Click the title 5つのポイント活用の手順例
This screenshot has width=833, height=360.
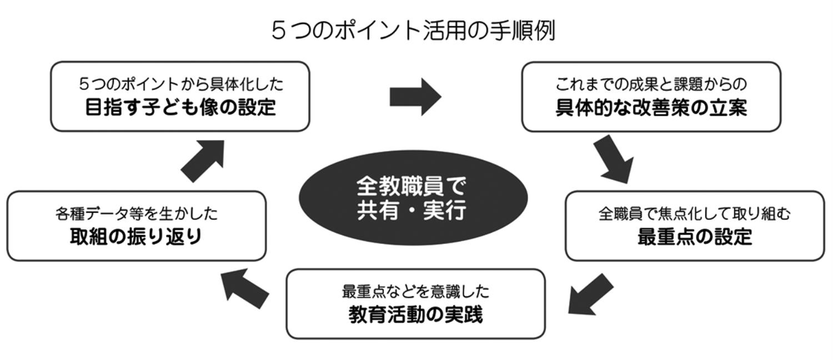[413, 31]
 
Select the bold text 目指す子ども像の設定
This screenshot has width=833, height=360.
[180, 107]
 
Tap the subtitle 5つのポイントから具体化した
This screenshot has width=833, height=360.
[180, 84]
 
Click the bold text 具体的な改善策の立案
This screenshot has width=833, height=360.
[651, 108]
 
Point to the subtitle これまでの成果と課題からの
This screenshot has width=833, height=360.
[651, 84]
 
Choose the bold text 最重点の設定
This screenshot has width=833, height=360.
[694, 237]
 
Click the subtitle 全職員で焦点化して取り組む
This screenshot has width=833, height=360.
[694, 213]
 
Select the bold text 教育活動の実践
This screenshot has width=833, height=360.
[415, 315]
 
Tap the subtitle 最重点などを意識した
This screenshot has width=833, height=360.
[415, 291]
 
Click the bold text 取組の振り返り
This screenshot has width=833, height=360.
[136, 237]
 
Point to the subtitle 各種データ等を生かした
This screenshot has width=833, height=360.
[136, 213]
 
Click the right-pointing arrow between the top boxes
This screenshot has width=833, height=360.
[415, 97]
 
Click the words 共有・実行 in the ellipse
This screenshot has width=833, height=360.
[412, 211]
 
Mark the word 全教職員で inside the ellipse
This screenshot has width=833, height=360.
[412, 186]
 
